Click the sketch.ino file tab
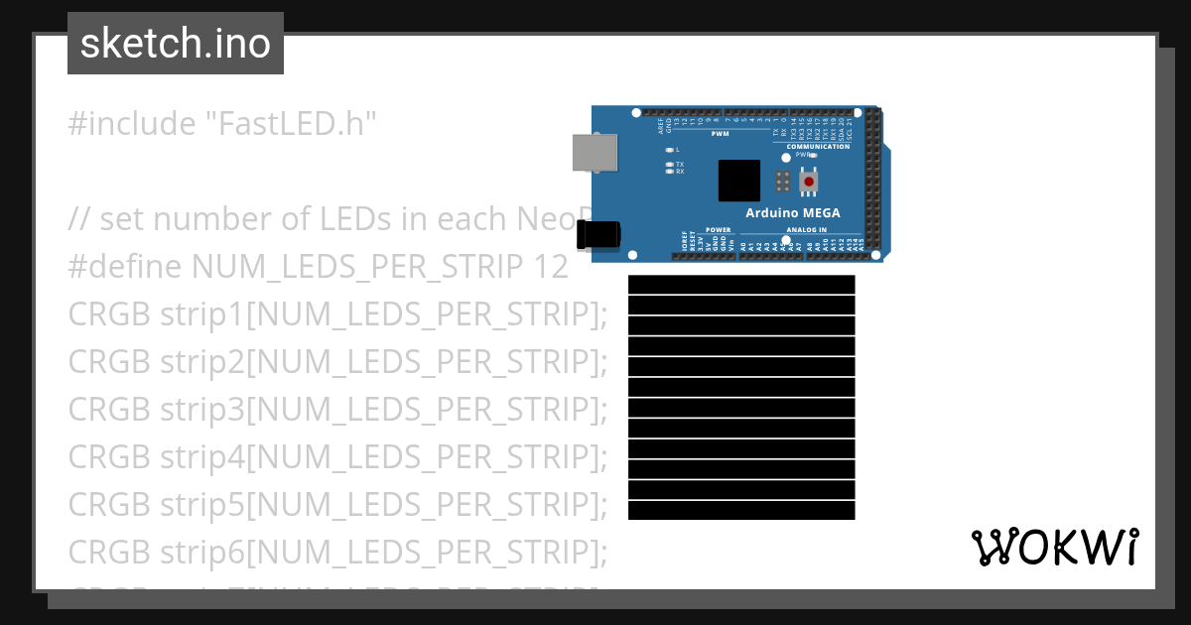176,44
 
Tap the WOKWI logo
1054,548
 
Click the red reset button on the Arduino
810,182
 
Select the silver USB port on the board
593,152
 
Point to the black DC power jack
598,235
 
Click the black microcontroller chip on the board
738,181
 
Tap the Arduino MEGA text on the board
792,213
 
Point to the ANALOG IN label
806,230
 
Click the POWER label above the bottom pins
718,230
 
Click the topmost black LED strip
741,285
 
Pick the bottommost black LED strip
741,511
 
